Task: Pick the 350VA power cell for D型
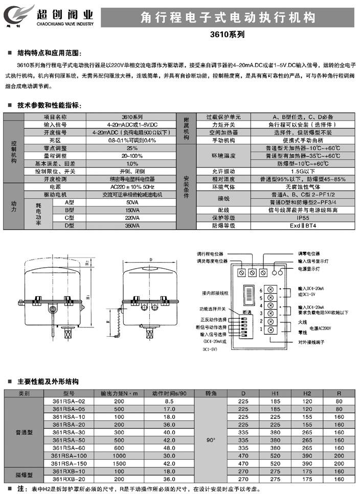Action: pyautogui.click(x=132, y=225)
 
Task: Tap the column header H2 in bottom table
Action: pyautogui.click(x=307, y=394)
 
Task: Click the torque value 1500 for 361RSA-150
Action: pyautogui.click(x=119, y=463)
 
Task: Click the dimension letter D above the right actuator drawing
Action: pyautogui.click(x=151, y=260)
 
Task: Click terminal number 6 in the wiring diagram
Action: pyautogui.click(x=261, y=290)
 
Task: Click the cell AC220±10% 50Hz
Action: pyautogui.click(x=132, y=187)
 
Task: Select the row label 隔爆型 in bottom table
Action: pyautogui.click(x=25, y=476)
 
